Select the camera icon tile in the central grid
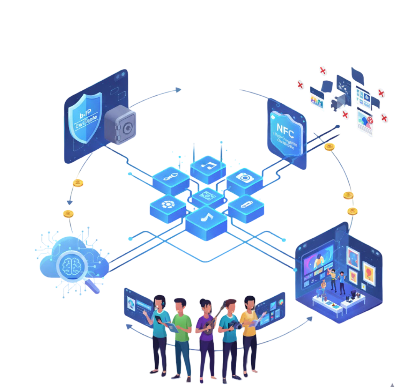[x=244, y=177]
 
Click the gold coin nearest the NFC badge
[x=329, y=146]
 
